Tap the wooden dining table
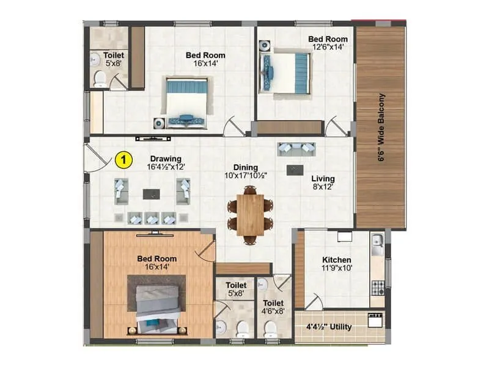point(250,214)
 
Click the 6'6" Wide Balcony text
point(381,127)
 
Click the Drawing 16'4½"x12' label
point(166,162)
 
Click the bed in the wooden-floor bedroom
point(157,304)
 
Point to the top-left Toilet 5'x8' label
point(114,59)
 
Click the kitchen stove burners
point(377,285)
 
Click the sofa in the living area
point(296,149)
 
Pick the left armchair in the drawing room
point(121,191)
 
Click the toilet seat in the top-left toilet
point(99,77)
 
